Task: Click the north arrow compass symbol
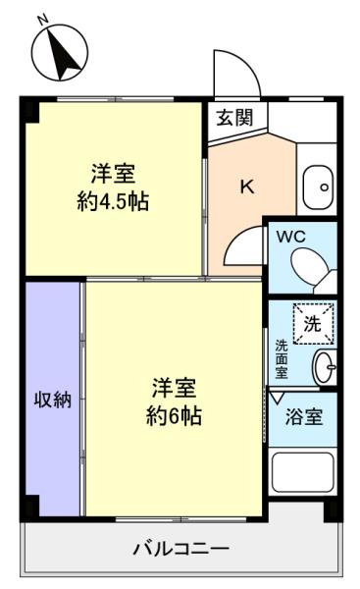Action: click(x=60, y=53)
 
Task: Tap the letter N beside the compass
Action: click(x=43, y=19)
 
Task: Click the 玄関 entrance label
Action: click(x=235, y=117)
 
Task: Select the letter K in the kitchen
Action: click(x=247, y=187)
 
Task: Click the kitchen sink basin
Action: click(x=319, y=187)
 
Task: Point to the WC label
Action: click(x=291, y=237)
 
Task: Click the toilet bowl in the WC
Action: click(x=309, y=266)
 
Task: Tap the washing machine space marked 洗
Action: click(x=313, y=323)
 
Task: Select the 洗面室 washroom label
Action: click(x=282, y=358)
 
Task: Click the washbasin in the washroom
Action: click(x=325, y=367)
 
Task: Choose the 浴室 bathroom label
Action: click(x=304, y=416)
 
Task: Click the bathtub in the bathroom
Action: click(x=302, y=472)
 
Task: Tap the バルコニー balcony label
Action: click(x=181, y=550)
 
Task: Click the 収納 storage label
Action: click(x=53, y=400)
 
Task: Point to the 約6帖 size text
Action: click(x=174, y=415)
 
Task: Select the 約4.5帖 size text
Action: click(x=113, y=201)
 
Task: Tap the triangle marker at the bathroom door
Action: click(x=278, y=398)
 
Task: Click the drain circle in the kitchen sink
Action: click(x=325, y=187)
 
